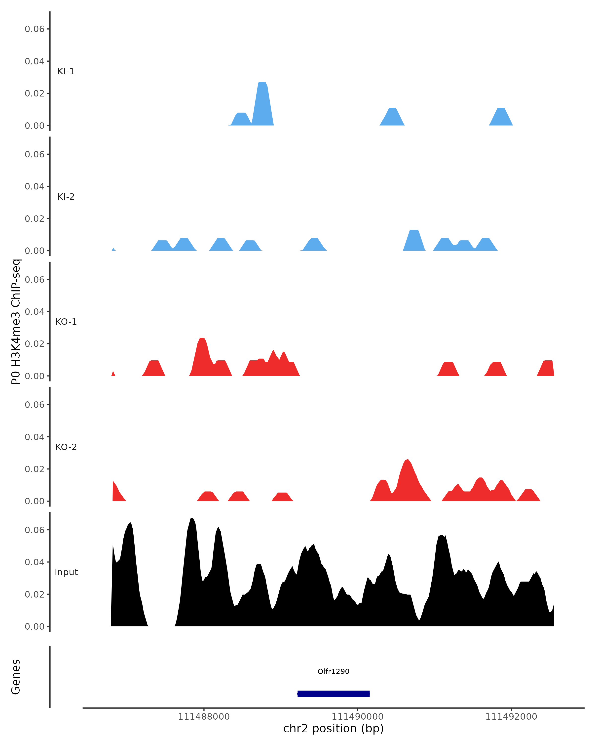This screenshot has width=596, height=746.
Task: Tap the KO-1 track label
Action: pyautogui.click(x=66, y=322)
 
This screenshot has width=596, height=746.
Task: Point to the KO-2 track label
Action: pyautogui.click(x=66, y=447)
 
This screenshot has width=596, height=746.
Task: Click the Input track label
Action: pyautogui.click(x=66, y=572)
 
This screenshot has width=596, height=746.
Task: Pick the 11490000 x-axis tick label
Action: pyautogui.click(x=357, y=717)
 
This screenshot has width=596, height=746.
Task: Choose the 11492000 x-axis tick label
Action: pyautogui.click(x=511, y=717)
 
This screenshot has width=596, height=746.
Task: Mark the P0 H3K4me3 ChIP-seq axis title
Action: pyautogui.click(x=16, y=322)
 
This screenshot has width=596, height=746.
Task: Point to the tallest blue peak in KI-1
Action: pyautogui.click(x=262, y=100)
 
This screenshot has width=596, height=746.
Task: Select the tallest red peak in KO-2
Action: pyautogui.click(x=408, y=477)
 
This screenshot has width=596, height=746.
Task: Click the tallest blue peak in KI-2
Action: pyautogui.click(x=414, y=239)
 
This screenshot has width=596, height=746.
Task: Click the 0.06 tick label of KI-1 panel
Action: pyautogui.click(x=35, y=29)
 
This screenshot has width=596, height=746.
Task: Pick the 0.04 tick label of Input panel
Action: pyautogui.click(x=35, y=562)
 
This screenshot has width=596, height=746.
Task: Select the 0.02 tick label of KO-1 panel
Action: pyautogui.click(x=35, y=344)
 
